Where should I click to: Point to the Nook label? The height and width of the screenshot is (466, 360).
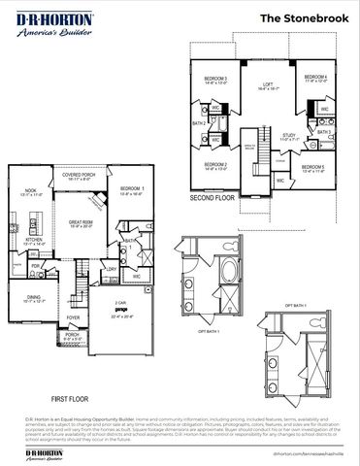pos(33,193)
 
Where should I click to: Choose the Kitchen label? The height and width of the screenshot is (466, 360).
pos(34,240)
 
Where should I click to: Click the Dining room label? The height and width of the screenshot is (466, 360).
pos(33,299)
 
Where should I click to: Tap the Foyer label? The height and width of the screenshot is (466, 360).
pos(73,316)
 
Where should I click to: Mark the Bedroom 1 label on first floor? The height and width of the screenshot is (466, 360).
pos(133,190)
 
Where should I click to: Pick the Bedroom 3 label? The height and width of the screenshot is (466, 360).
pos(215,80)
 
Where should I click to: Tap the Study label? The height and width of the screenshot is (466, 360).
pos(289,138)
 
